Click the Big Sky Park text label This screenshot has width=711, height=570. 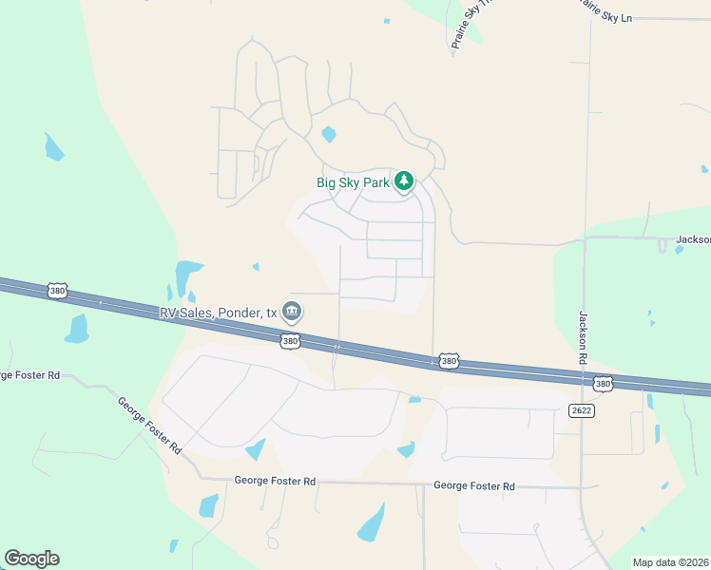click(x=353, y=182)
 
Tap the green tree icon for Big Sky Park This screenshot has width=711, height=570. click(x=405, y=180)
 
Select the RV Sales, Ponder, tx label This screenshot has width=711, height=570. click(x=218, y=313)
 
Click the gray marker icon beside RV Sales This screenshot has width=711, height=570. click(x=293, y=311)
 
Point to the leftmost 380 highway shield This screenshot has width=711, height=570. click(x=58, y=291)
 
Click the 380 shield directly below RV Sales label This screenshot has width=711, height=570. click(x=291, y=341)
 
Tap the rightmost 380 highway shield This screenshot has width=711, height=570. click(x=602, y=384)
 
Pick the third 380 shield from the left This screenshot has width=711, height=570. click(x=448, y=362)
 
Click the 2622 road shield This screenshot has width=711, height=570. click(x=582, y=410)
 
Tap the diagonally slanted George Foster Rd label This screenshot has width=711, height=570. click(x=149, y=425)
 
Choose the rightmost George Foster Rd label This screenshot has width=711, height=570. click(x=473, y=485)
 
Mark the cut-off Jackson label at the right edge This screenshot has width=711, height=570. click(x=693, y=240)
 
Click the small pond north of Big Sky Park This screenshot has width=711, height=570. click(x=329, y=134)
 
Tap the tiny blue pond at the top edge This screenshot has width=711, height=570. click(x=387, y=21)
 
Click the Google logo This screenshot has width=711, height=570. click(x=31, y=559)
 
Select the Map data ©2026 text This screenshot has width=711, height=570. click(x=670, y=562)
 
